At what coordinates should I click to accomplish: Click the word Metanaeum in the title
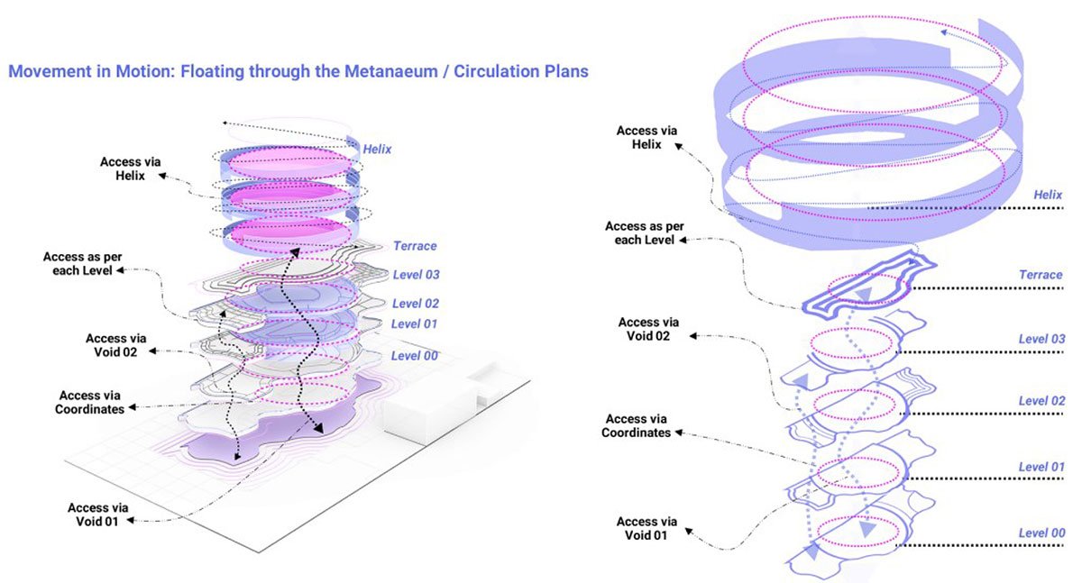400,70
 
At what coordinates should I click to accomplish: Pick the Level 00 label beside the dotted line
1041,533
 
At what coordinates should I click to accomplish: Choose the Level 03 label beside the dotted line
1041,339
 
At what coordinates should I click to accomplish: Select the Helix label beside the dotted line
1048,195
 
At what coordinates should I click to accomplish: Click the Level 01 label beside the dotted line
1041,467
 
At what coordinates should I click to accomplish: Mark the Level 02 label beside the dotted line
1041,401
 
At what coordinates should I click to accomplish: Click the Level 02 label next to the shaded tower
415,304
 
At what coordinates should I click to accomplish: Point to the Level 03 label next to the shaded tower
416,274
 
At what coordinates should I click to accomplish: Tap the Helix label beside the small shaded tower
377,149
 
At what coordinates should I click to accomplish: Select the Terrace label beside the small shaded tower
415,246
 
